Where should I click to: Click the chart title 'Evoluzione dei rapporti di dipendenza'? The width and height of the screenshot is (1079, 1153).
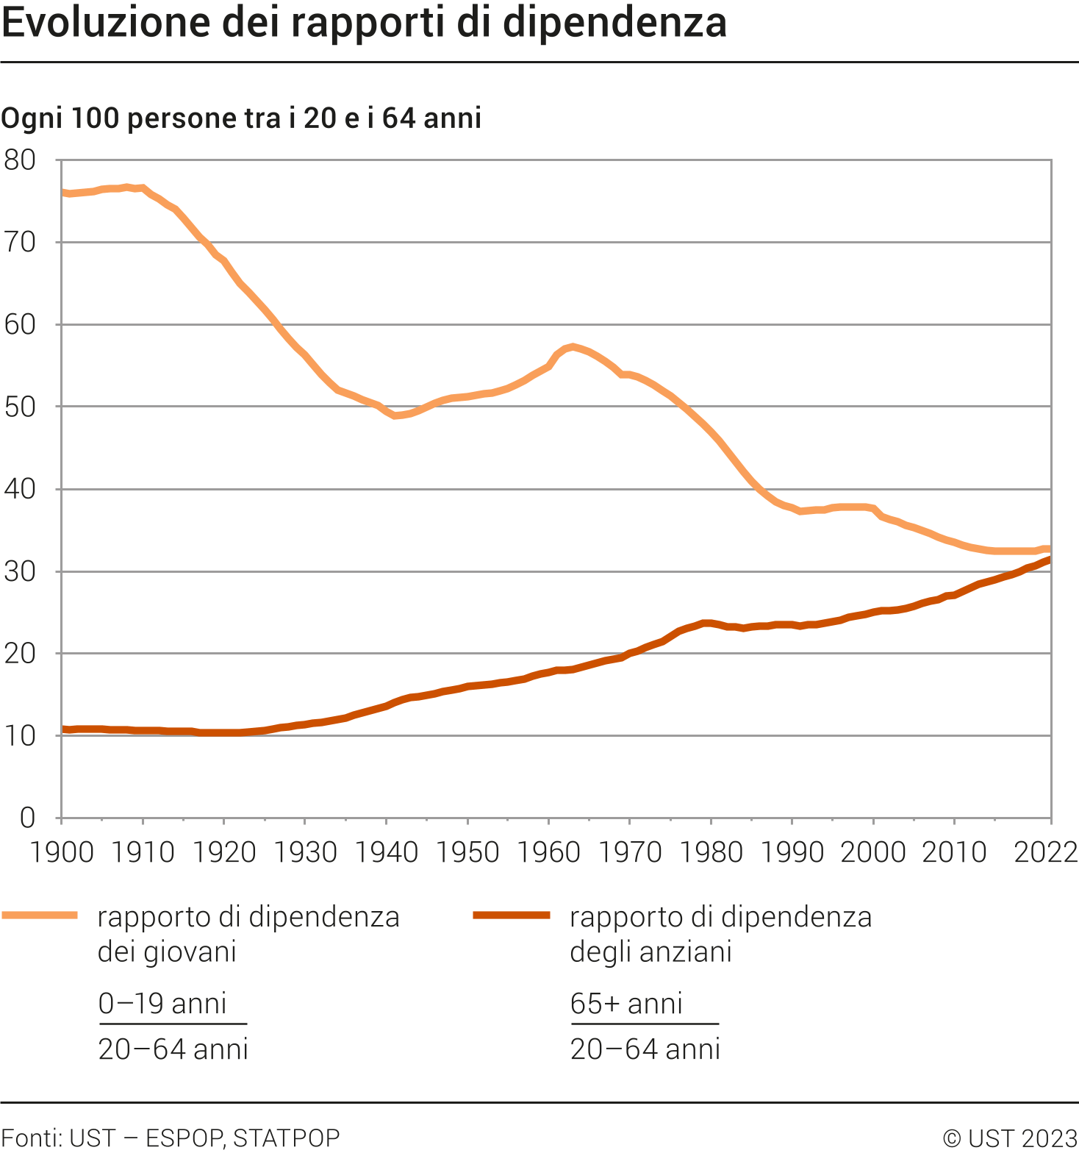364,23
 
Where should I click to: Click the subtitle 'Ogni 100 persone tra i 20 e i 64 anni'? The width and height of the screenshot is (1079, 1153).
241,118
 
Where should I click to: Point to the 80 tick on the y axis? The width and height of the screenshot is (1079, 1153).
20,160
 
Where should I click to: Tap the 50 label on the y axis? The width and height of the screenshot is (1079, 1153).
20,407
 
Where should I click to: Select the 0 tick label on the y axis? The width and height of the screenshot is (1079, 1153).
27,817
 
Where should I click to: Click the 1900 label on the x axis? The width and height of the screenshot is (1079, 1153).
62,852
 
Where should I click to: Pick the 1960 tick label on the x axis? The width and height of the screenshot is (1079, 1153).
548,852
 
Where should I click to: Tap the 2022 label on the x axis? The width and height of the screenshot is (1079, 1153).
1045,852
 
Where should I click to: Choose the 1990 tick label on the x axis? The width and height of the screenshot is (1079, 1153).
792,852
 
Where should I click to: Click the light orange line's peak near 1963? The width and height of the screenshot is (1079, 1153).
573,346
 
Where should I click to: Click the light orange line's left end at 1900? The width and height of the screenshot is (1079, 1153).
63,193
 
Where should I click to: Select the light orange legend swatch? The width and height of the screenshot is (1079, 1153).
40,915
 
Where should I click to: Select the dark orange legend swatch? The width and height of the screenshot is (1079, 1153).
512,915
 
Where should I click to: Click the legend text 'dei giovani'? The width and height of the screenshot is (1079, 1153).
167,952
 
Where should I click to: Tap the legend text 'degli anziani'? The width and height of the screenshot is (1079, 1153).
650,952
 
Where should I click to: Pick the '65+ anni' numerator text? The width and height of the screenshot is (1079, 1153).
626,1004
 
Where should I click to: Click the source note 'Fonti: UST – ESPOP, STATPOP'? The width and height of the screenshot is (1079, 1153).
171,1138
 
